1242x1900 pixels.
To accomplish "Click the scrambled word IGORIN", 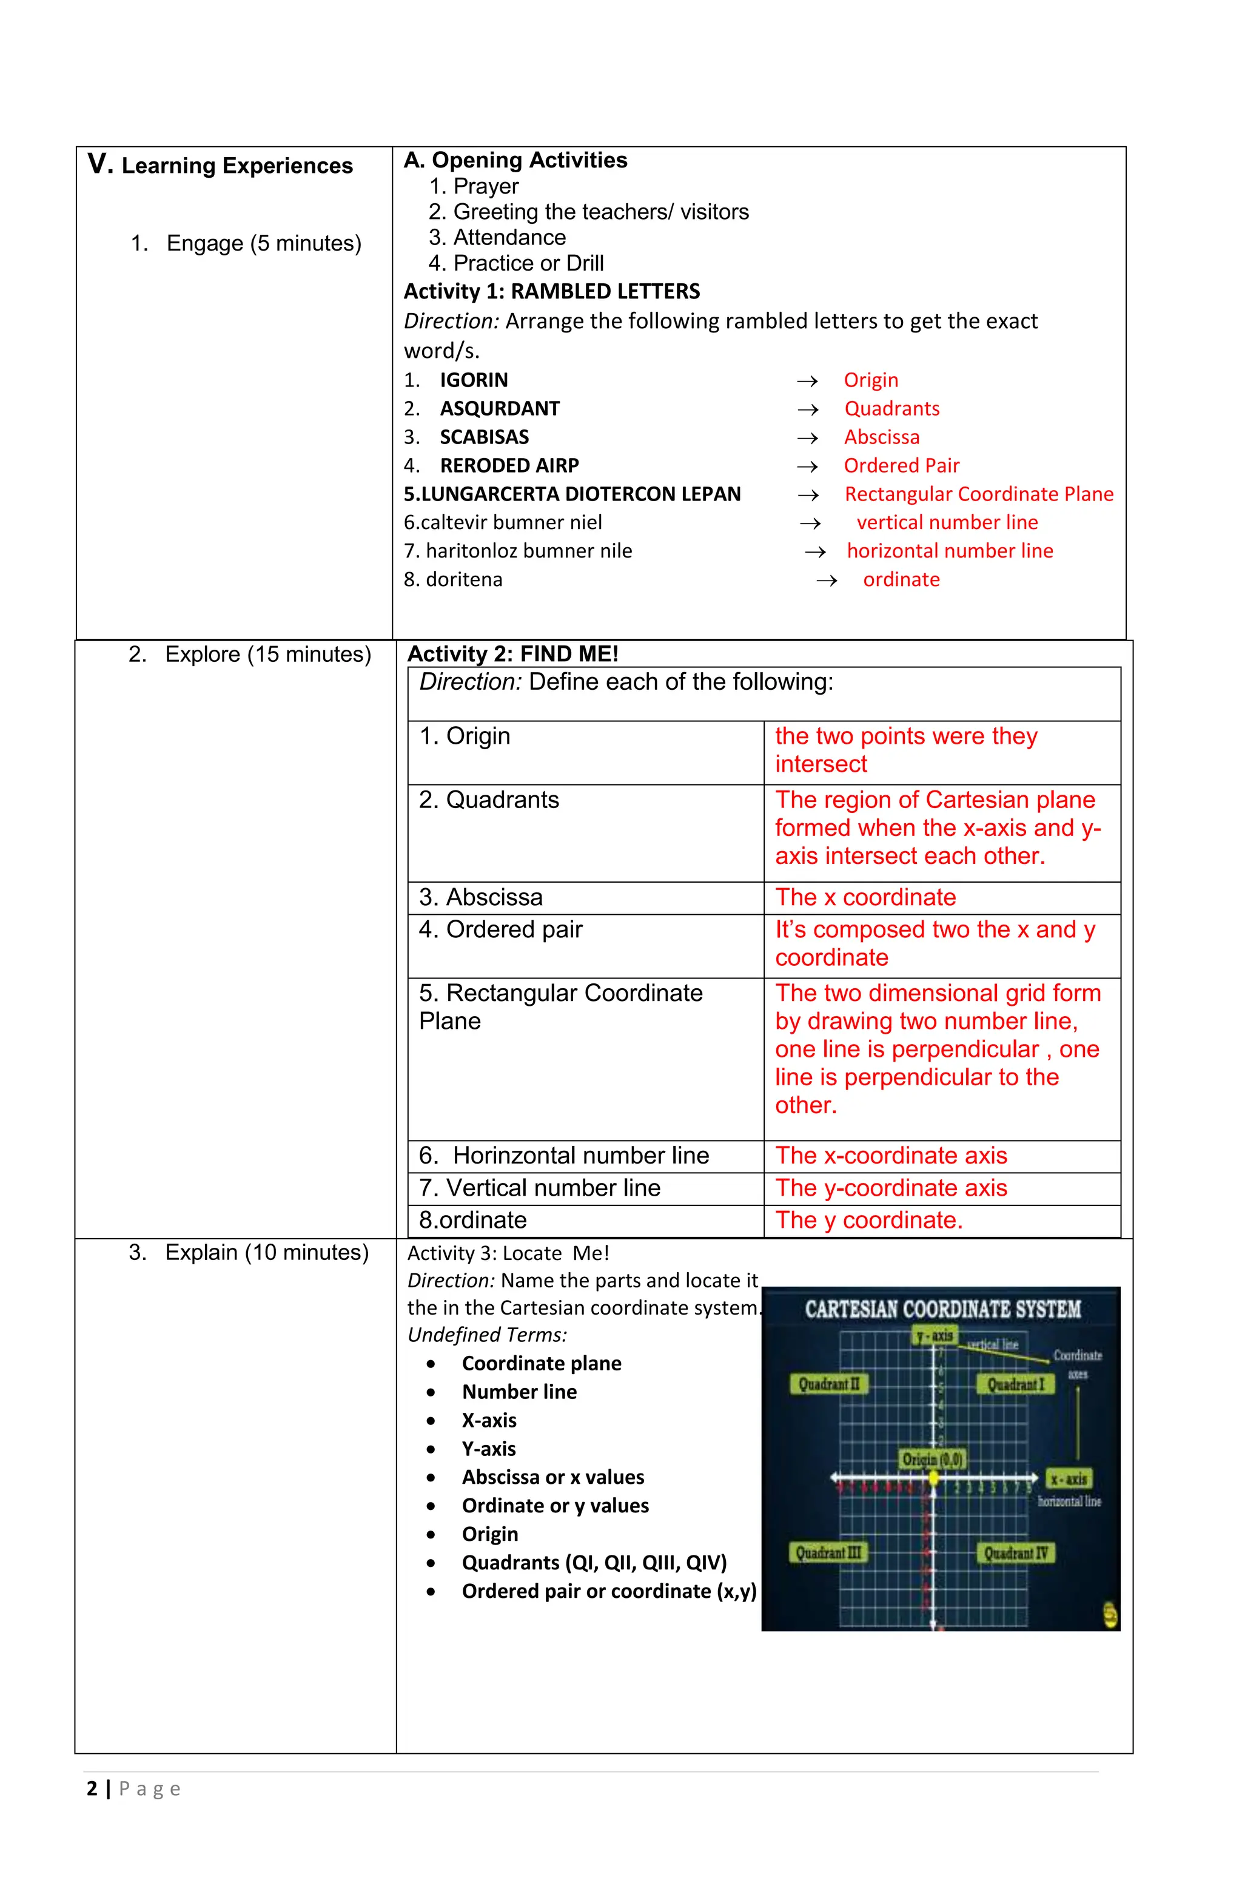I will pyautogui.click(x=474, y=380).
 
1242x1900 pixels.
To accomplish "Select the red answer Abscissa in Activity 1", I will pyautogui.click(x=881, y=437).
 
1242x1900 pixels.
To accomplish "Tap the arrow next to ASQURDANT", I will pyautogui.click(x=808, y=409).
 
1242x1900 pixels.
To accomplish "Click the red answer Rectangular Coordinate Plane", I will pyautogui.click(x=979, y=494).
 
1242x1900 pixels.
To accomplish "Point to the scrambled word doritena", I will pyautogui.click(x=464, y=579).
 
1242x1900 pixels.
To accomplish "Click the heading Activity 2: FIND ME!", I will pyautogui.click(x=512, y=654).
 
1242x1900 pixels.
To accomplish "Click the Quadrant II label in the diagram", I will pyautogui.click(x=828, y=1384).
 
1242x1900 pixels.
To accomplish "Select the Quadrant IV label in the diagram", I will pyautogui.click(x=1015, y=1553).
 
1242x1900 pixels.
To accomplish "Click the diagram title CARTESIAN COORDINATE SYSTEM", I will pyautogui.click(x=942, y=1309).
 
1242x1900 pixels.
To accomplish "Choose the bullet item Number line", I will pyautogui.click(x=519, y=1392).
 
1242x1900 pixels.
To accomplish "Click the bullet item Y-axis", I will pyautogui.click(x=489, y=1448).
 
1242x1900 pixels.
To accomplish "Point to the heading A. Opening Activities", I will pyautogui.click(x=515, y=161).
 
